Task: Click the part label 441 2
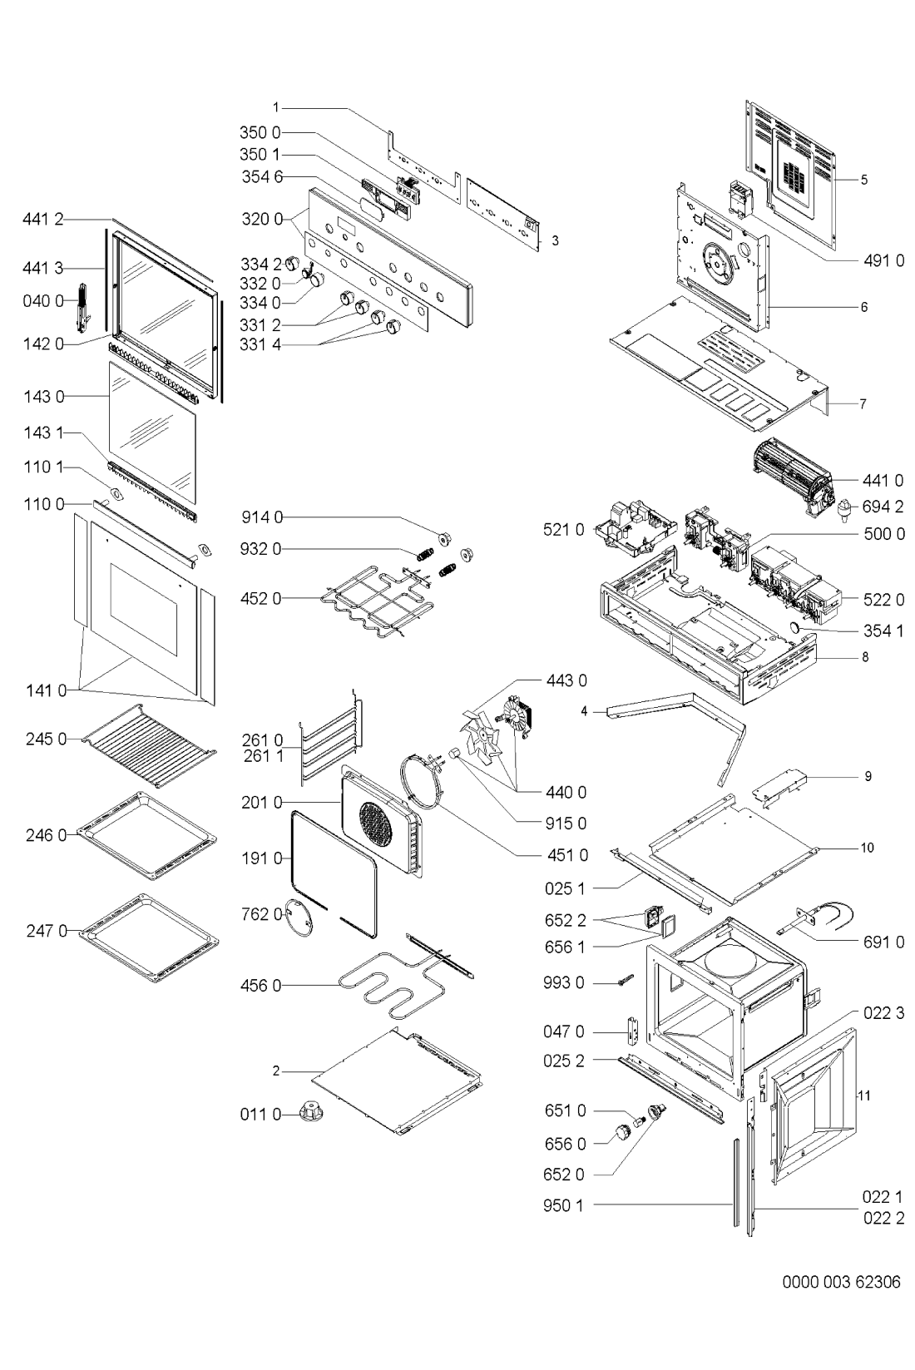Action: point(42,219)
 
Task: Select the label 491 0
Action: point(883,260)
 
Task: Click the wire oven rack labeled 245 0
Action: point(149,745)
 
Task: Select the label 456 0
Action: point(261,986)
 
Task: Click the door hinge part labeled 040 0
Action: point(83,306)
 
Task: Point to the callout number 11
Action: point(863,1095)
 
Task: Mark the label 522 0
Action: point(883,600)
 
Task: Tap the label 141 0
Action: point(46,690)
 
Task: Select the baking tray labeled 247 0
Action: point(149,935)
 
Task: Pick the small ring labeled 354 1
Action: point(794,627)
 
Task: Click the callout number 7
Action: point(863,404)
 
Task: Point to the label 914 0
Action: point(262,517)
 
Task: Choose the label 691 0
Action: point(883,942)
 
